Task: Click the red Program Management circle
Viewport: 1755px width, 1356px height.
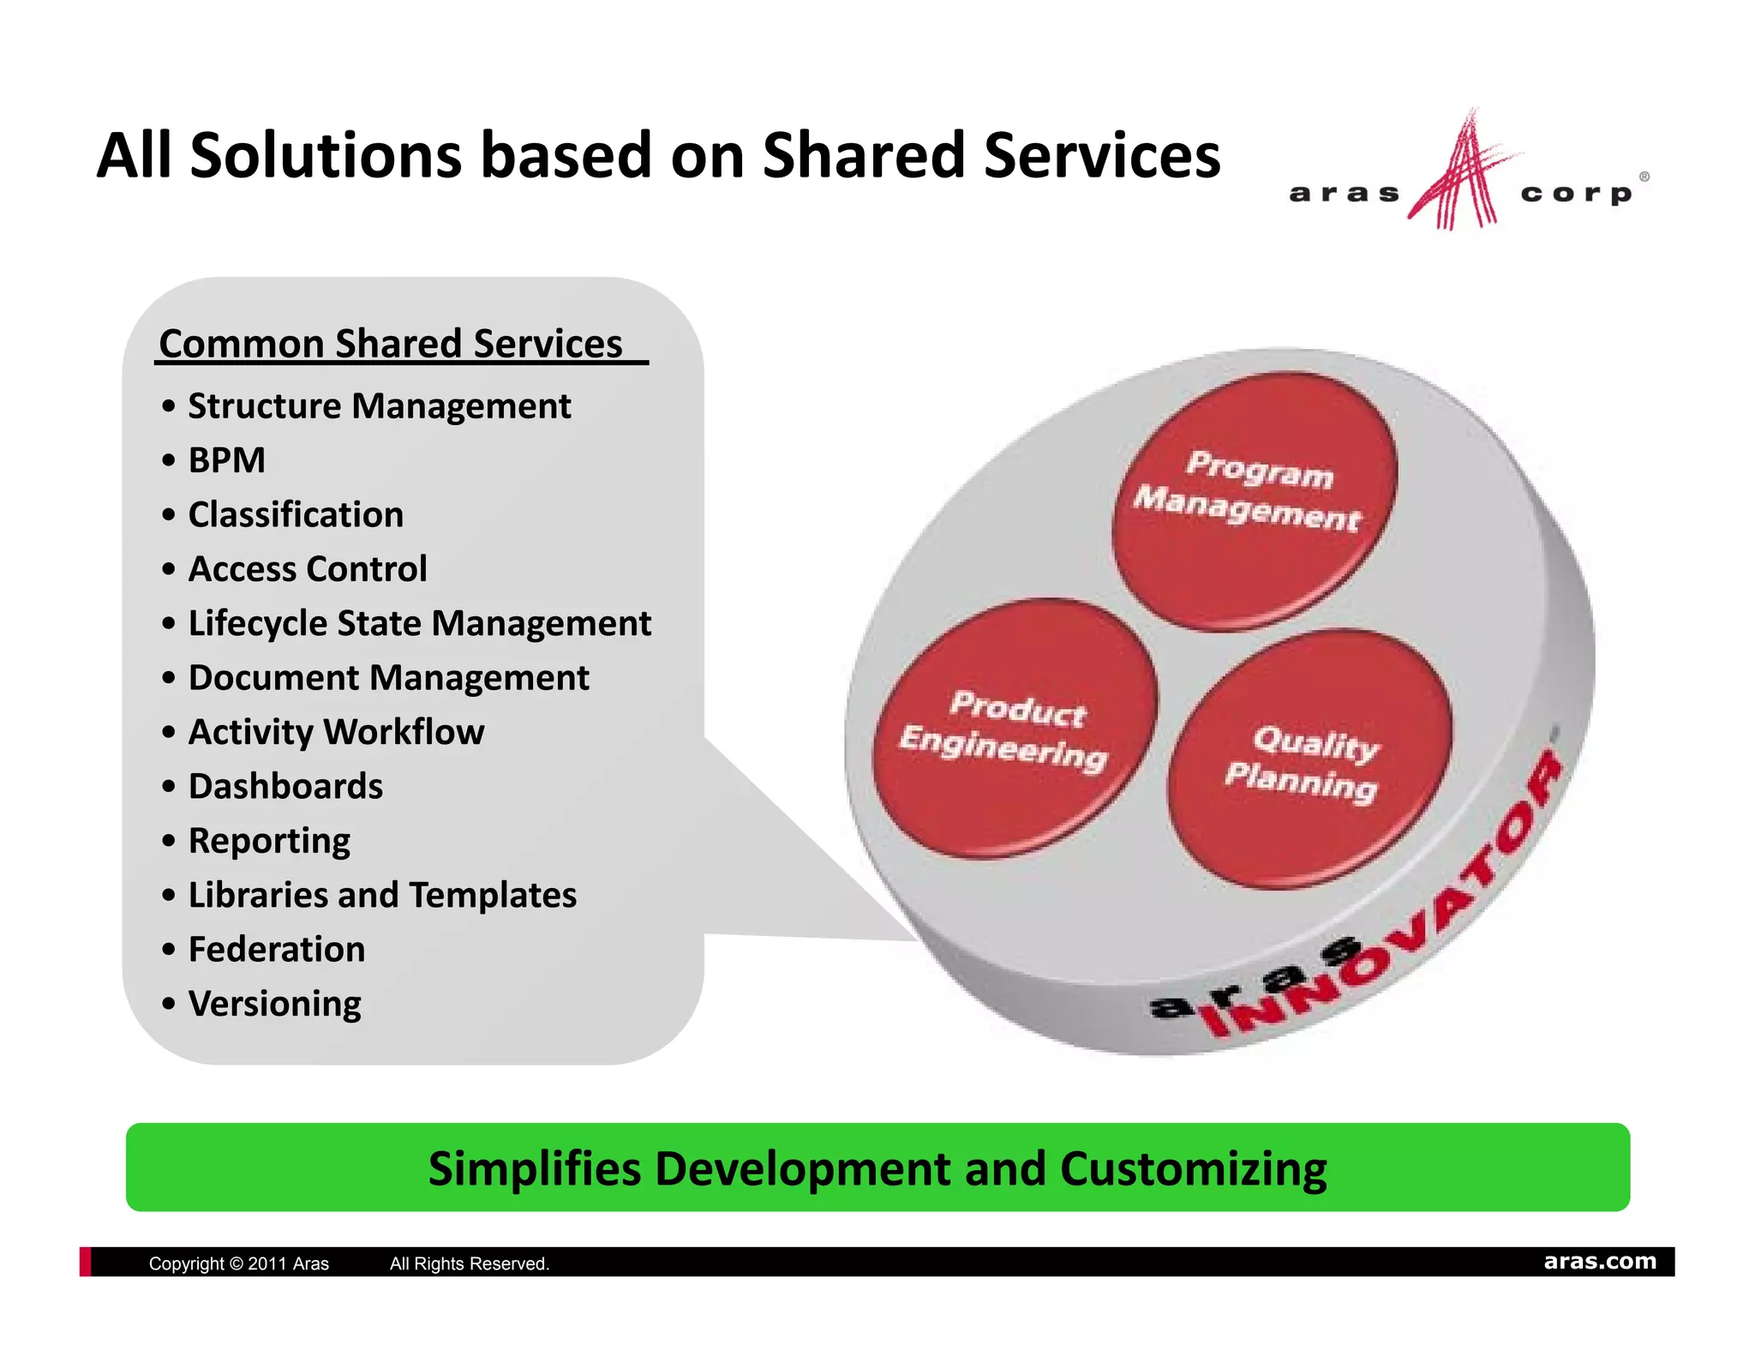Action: pos(1255,501)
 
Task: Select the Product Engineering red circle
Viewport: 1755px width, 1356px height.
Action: pos(1015,729)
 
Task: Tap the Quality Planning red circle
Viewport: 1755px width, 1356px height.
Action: pos(1309,759)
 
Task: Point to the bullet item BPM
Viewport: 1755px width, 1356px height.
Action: pos(227,460)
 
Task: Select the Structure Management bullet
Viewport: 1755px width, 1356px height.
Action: pos(379,406)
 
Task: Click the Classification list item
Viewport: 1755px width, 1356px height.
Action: pos(296,515)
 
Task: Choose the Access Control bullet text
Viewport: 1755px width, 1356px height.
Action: pos(307,569)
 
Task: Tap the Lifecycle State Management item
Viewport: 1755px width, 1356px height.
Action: pos(419,623)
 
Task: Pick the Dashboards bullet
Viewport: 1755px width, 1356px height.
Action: pos(285,786)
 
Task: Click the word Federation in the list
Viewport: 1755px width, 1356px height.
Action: pos(277,949)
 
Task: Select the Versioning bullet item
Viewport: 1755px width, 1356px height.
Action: pos(274,1004)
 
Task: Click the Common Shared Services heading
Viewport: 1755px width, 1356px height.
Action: pos(391,344)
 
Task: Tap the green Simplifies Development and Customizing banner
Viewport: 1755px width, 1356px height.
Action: pos(877,1167)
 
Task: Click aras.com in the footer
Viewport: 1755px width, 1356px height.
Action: pos(1599,1261)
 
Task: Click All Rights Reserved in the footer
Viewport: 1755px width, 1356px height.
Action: pos(469,1263)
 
